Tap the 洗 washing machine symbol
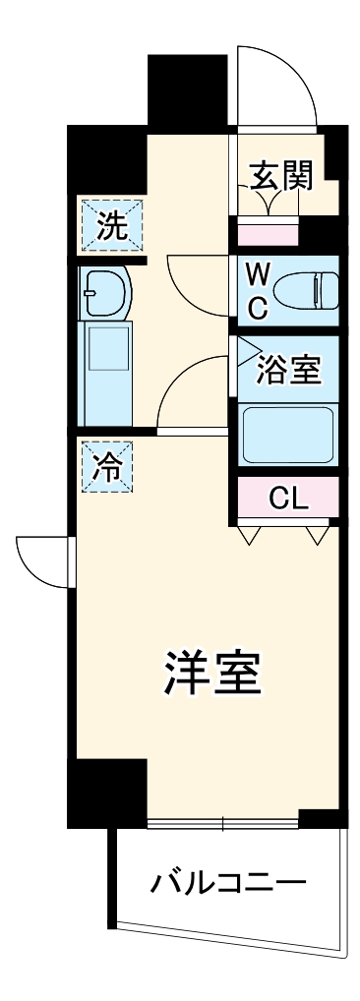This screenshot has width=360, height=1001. click(111, 226)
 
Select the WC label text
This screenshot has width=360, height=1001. click(256, 291)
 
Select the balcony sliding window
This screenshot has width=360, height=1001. click(222, 822)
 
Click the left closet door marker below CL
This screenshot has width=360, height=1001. click(248, 535)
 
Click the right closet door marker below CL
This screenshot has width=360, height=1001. click(317, 535)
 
